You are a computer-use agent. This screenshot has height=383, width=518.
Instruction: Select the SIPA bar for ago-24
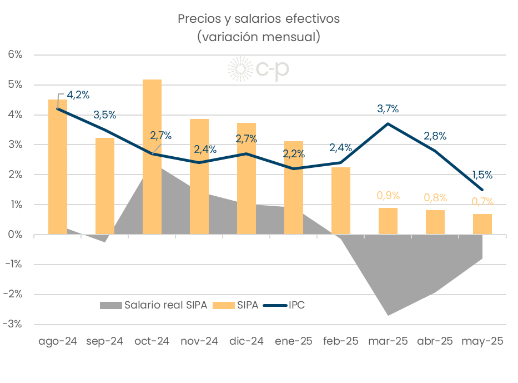pos(58,167)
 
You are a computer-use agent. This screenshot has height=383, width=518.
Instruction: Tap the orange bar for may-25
pos(482,224)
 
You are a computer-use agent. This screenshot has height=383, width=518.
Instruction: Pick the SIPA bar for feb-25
pos(341,201)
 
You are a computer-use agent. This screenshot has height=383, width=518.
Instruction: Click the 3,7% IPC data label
pos(388,109)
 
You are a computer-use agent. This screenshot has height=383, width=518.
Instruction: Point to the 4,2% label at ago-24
pos(78,94)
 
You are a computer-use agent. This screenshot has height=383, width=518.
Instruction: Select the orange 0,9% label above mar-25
pos(388,196)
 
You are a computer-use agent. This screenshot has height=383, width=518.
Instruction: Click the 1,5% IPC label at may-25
pos(482,175)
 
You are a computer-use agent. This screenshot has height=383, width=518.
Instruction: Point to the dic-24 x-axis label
pos(247,341)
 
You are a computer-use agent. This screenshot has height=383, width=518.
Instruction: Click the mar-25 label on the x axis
pos(388,341)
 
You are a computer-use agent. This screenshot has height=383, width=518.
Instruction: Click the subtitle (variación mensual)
pos(259,37)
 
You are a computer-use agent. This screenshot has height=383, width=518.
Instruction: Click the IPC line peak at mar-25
pos(388,123)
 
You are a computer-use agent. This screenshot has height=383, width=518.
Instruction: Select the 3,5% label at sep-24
pos(105,115)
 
